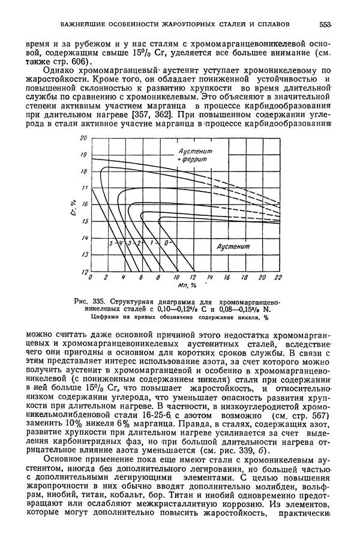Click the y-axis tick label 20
click(x=84, y=139)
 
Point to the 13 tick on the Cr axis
click(x=84, y=255)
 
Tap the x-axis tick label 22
click(x=278, y=278)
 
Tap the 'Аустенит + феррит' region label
click(x=191, y=157)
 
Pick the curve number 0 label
click(x=165, y=242)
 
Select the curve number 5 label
click(x=111, y=242)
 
